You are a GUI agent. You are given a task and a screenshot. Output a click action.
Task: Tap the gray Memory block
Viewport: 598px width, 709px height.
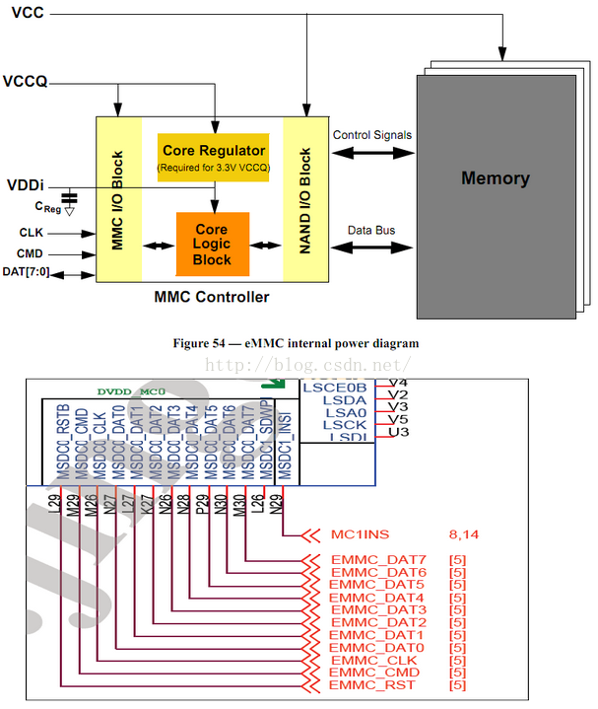tap(495, 179)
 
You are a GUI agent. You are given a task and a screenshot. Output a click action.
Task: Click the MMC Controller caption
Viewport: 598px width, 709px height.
tap(211, 297)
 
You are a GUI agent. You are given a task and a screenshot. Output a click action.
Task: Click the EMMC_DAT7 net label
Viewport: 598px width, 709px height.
tap(378, 561)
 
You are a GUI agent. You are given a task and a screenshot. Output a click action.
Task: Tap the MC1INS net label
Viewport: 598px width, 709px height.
tap(361, 535)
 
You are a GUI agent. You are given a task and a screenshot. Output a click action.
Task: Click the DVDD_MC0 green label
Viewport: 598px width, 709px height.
tap(132, 391)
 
